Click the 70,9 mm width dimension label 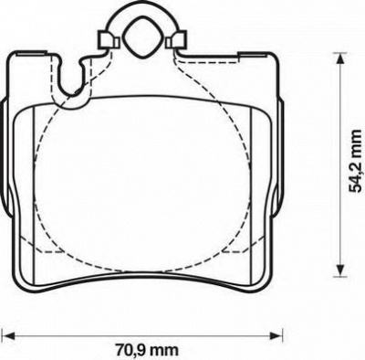[147, 351]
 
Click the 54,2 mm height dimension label [355, 161]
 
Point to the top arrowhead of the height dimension [339, 58]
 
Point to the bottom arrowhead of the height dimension [339, 270]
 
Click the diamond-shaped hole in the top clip [140, 37]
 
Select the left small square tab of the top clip [108, 39]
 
